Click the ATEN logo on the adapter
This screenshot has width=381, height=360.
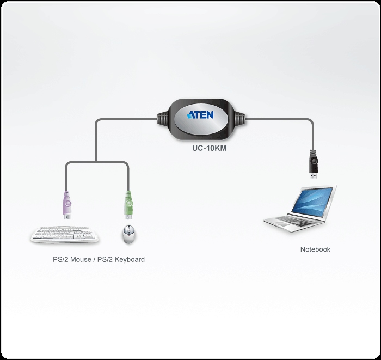201,115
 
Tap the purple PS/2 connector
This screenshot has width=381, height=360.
67,205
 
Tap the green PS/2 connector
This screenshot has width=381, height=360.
128,205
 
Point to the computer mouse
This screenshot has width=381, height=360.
128,235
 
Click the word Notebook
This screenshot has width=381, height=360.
315,249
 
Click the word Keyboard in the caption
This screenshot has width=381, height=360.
128,260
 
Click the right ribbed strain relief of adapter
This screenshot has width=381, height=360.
239,119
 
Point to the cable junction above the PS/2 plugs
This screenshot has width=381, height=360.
96,162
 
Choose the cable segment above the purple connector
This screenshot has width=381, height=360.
67,177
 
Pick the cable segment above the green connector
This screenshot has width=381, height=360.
128,177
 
